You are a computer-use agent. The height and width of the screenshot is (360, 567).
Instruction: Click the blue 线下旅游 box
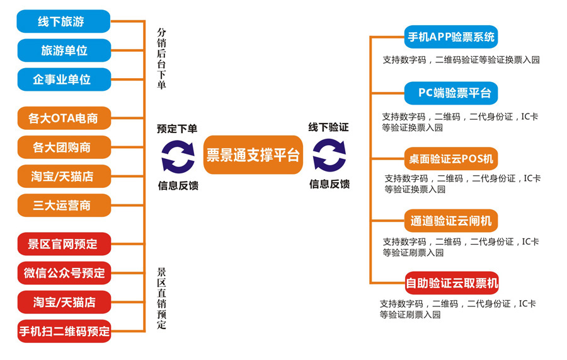[63, 21]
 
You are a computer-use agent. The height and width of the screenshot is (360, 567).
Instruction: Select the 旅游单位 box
[64, 50]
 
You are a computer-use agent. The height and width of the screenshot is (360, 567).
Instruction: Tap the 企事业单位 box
[64, 79]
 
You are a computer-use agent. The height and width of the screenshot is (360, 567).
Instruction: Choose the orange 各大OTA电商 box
[64, 118]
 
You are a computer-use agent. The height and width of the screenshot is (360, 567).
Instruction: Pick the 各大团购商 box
[64, 148]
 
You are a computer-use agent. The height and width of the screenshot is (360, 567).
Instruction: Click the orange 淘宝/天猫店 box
[64, 177]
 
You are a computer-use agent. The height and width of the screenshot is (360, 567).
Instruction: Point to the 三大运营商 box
[64, 206]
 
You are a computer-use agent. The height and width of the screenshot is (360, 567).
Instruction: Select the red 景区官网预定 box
[64, 244]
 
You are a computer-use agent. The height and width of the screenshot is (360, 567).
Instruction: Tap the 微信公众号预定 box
[64, 273]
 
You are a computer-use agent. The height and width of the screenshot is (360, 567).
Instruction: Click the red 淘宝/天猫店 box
[64, 302]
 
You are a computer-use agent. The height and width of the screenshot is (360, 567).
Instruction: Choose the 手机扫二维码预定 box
[64, 331]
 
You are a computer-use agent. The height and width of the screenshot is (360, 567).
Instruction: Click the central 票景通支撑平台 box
[253, 155]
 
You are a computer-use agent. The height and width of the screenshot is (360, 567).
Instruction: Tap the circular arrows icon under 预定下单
[178, 156]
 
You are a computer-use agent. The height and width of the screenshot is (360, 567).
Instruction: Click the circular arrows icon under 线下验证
[329, 156]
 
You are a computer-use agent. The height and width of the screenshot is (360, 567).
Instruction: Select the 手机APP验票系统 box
[451, 37]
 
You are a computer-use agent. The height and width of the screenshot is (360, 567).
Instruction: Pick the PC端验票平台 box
[451, 93]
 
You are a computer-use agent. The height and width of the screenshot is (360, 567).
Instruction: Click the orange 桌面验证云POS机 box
[451, 158]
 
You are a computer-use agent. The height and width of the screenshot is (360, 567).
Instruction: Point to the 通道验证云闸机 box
[451, 221]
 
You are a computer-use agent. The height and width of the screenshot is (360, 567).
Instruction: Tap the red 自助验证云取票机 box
[451, 283]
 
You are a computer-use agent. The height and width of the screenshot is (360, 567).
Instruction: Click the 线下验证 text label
[328, 127]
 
